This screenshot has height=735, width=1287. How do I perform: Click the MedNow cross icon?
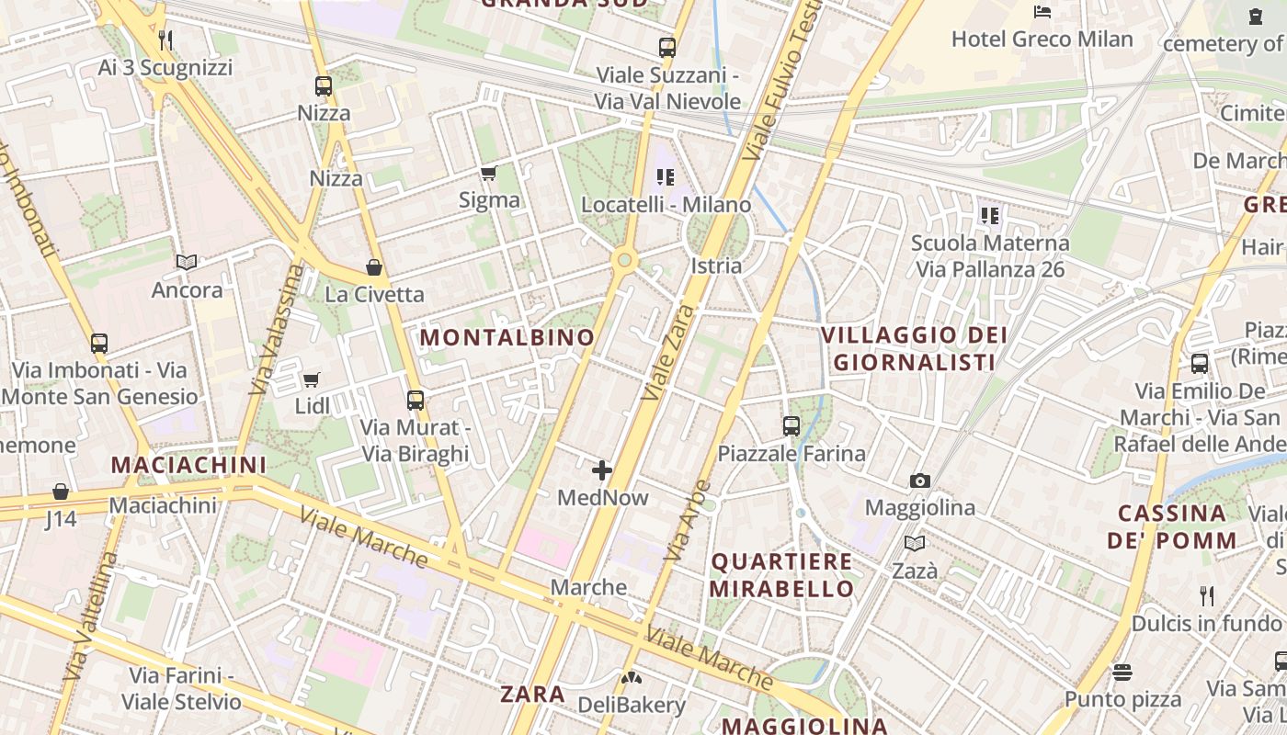[602, 471]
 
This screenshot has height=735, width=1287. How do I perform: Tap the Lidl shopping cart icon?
[312, 379]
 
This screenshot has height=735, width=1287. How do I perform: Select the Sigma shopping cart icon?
[489, 174]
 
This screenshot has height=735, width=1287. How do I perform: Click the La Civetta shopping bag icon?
[374, 267]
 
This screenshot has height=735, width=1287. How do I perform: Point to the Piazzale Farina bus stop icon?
[791, 426]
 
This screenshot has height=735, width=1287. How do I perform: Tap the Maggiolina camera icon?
[919, 481]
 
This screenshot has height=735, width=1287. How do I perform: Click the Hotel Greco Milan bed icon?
[1042, 12]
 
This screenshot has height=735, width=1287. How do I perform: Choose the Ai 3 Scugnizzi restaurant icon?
[165, 40]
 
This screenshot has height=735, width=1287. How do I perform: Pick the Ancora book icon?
[187, 263]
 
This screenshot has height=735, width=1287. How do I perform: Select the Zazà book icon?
[915, 544]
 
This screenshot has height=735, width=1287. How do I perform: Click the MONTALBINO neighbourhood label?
[507, 337]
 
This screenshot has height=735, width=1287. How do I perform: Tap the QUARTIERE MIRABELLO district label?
[782, 574]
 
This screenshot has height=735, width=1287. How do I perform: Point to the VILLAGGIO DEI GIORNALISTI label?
[915, 348]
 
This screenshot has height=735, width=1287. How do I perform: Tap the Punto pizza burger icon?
[1122, 673]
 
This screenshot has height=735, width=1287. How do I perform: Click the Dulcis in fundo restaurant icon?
[1207, 595]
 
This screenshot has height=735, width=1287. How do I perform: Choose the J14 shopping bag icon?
[61, 492]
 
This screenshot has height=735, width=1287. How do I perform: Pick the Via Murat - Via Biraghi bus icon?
[416, 401]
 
